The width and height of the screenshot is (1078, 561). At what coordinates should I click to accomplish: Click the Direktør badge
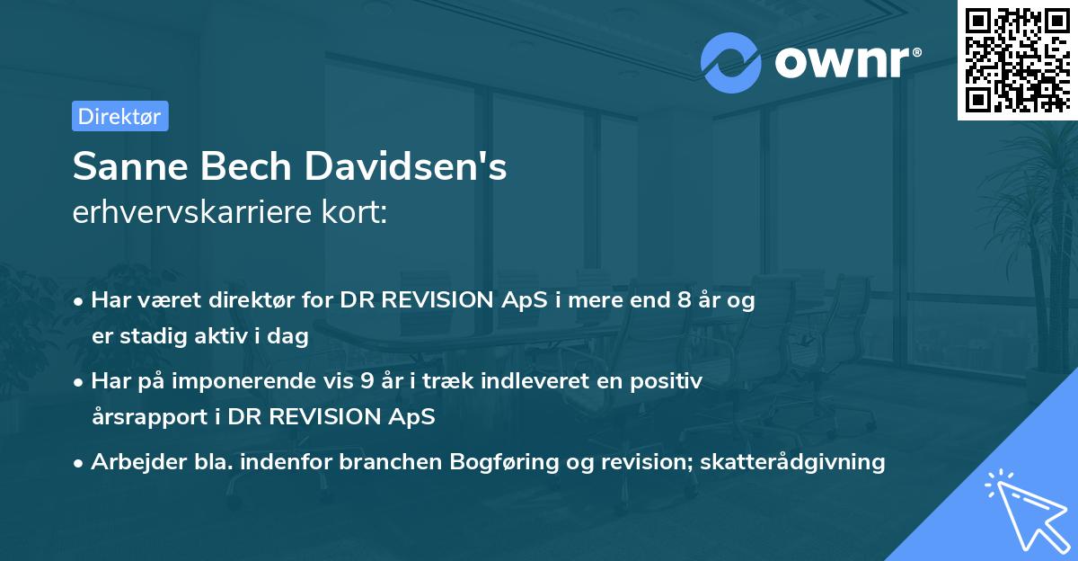tap(119, 116)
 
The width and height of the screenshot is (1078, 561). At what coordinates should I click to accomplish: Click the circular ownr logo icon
tap(731, 62)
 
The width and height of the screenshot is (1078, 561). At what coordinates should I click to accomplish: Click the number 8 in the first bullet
tap(685, 301)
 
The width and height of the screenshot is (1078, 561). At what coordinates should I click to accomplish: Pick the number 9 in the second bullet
tap(367, 381)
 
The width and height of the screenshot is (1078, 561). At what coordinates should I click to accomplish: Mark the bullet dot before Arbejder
tap(80, 463)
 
